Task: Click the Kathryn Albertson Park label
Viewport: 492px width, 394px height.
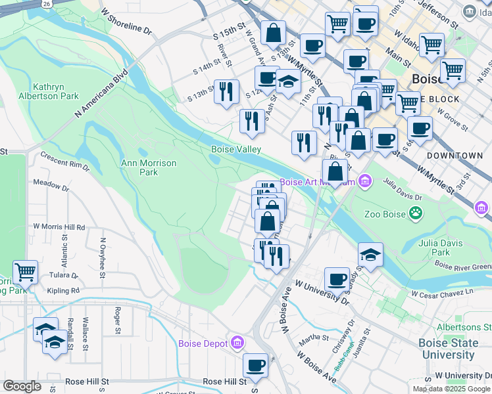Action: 56,91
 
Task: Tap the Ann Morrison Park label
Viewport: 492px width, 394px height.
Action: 149,167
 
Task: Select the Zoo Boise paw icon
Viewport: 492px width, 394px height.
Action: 416,212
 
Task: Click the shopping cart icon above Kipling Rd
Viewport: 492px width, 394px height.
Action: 25,271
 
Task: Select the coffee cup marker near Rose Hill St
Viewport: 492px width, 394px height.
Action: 255,364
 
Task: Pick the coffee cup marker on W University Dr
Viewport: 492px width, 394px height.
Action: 337,278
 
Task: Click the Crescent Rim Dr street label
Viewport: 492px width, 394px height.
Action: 64,162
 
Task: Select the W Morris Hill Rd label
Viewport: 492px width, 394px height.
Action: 60,227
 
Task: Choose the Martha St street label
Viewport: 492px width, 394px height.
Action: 314,338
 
